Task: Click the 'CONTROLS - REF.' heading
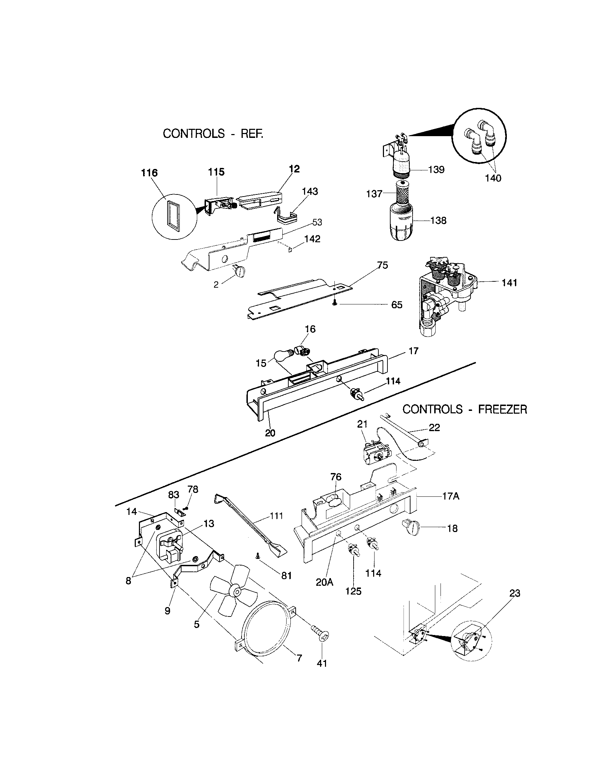[x=213, y=134]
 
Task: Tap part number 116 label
[x=149, y=173]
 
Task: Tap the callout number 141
[x=509, y=282]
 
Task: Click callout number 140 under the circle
[x=493, y=178]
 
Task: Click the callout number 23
[x=515, y=593]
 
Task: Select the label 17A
[x=451, y=496]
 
